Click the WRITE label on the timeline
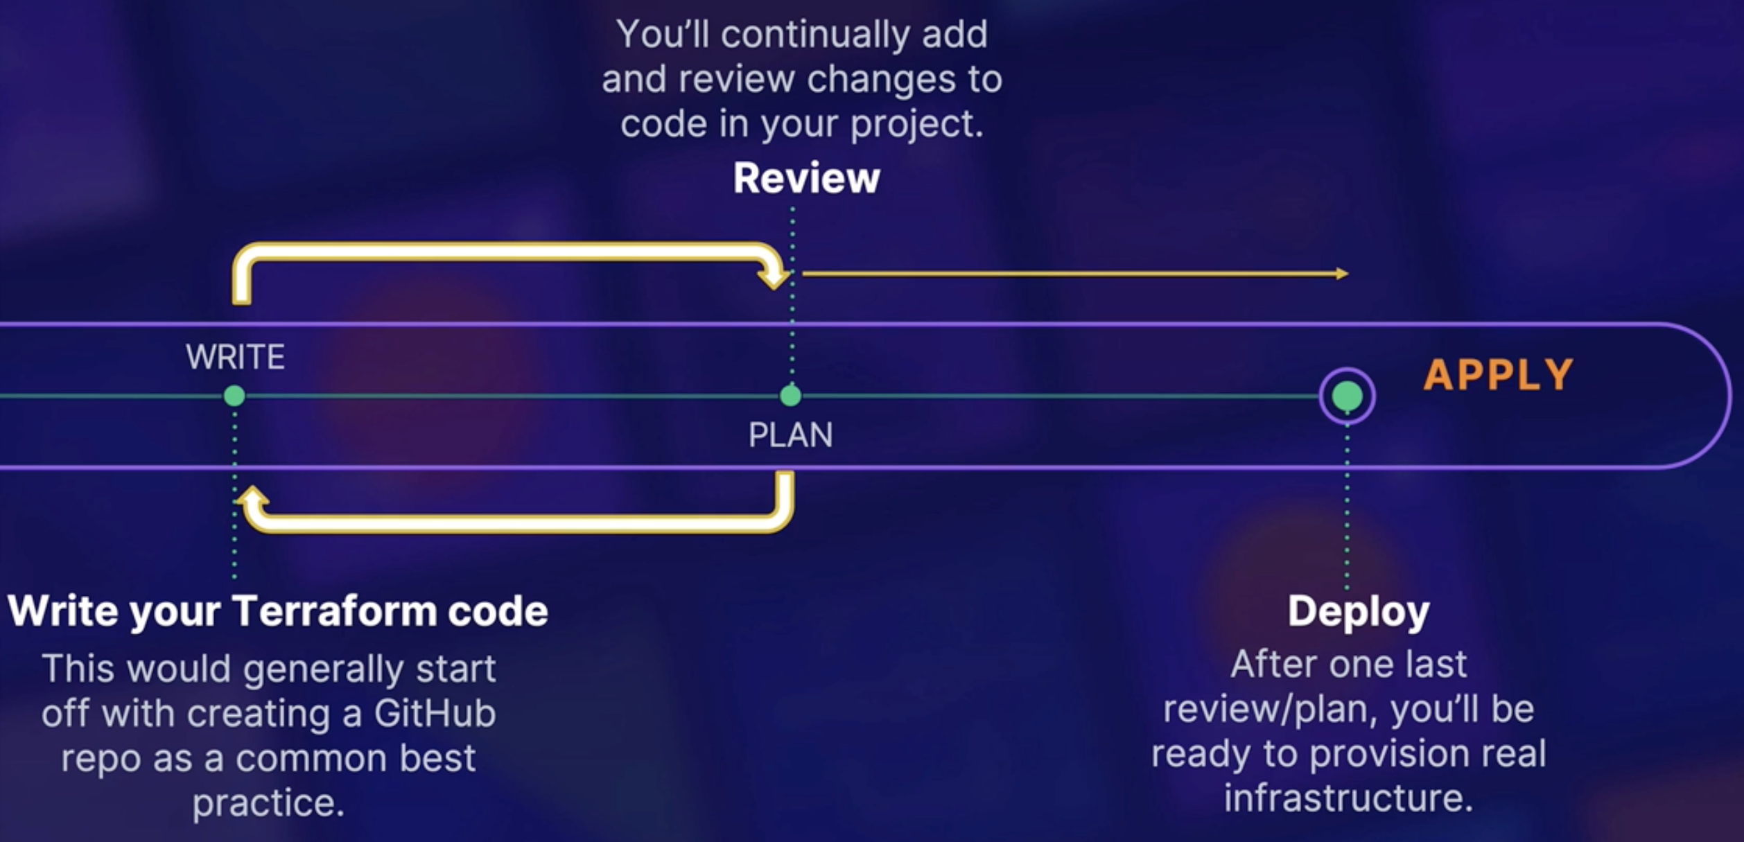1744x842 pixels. [x=235, y=358]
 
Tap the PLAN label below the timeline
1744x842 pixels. [x=790, y=436]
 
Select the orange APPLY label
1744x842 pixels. [x=1498, y=376]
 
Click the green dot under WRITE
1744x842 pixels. [x=234, y=396]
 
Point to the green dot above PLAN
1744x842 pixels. [x=790, y=396]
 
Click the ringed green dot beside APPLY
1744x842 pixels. [x=1347, y=396]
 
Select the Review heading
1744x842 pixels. [x=806, y=179]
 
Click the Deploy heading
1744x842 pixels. [x=1358, y=612]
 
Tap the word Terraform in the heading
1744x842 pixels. [x=335, y=612]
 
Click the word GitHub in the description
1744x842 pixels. [x=435, y=714]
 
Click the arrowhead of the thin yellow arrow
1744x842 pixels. [x=1343, y=274]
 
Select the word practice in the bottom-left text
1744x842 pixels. [x=268, y=803]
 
